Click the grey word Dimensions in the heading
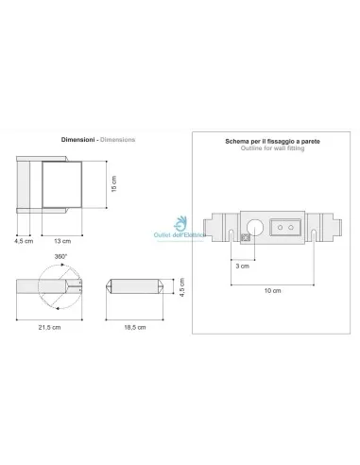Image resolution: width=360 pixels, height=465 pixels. pos(118,139)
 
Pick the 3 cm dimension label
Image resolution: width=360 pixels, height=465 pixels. pos(243,267)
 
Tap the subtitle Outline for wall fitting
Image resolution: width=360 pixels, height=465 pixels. pos(270,149)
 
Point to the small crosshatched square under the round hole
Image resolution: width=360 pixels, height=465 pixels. pos(245,240)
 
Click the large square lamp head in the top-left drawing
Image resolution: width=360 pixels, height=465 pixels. pos(61,184)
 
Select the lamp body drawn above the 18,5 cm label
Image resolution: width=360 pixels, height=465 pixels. pos(134,284)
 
